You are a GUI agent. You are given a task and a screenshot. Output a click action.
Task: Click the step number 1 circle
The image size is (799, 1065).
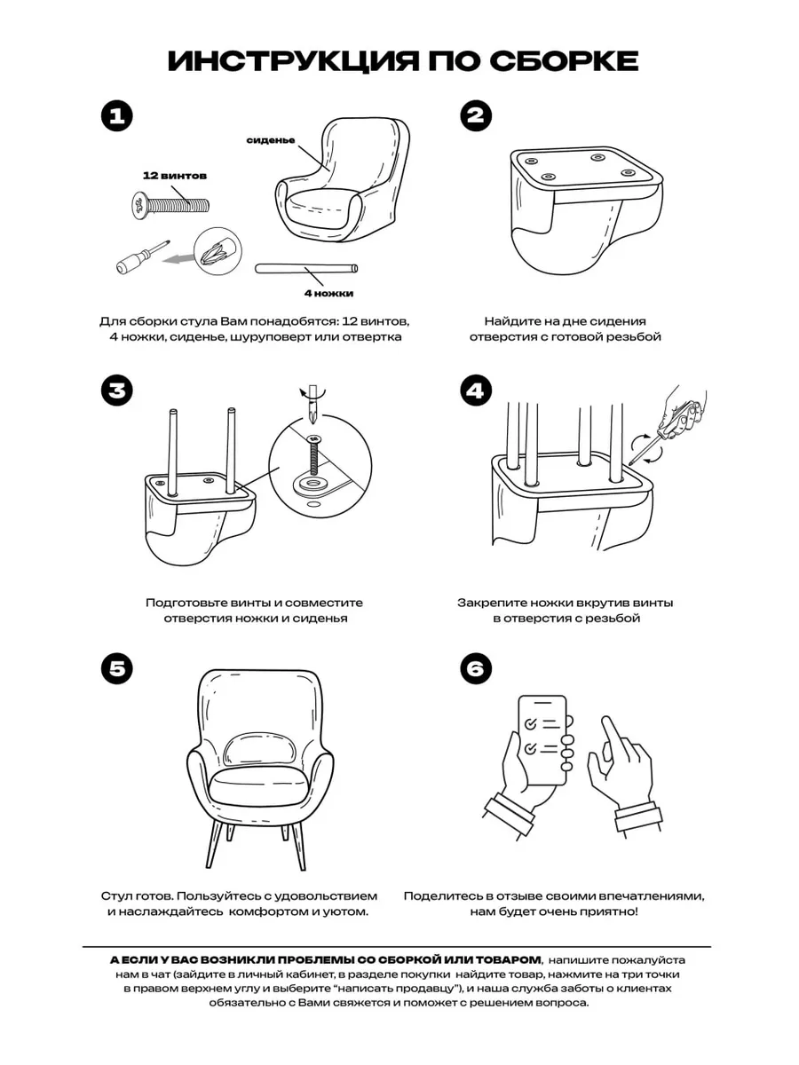coord(117,116)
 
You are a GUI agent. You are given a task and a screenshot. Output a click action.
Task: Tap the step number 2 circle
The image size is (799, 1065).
coord(476,115)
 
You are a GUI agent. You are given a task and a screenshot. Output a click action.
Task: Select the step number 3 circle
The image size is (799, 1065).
coord(117,390)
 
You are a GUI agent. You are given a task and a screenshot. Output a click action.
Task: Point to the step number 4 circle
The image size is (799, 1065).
coord(476,390)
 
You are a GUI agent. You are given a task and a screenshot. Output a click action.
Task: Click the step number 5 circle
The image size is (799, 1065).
coord(117,669)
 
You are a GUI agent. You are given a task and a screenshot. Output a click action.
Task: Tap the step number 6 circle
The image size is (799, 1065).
coord(476,669)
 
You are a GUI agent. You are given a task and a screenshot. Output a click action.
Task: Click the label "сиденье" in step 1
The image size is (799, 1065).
coord(271,140)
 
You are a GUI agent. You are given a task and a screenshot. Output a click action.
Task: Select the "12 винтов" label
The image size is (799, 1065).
coord(175,176)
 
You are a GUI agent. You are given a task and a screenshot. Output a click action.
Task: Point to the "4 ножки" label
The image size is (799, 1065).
coord(328,294)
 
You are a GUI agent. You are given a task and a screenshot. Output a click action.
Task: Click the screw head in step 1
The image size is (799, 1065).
coord(139,206)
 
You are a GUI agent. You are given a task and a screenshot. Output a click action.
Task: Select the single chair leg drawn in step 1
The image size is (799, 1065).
coord(306,269)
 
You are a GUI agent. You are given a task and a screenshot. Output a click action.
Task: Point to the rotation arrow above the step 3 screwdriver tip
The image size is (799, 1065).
coord(312,392)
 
